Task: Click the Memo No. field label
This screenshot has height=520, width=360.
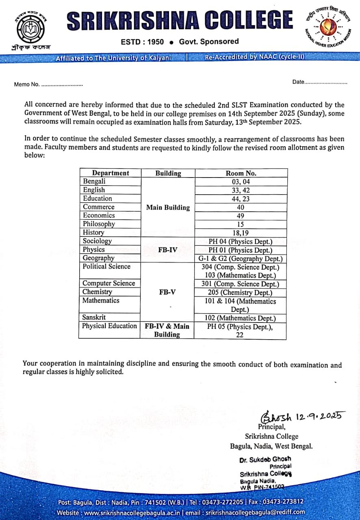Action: (27, 84)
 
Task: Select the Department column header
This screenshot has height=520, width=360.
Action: (110, 173)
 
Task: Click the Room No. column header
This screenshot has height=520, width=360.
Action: (241, 173)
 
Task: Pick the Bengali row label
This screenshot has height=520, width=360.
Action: (94, 182)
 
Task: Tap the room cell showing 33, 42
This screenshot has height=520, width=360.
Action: (241, 190)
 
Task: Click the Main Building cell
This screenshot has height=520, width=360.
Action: (168, 207)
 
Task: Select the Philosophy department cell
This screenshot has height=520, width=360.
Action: (99, 224)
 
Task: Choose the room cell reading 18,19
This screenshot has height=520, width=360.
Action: (241, 232)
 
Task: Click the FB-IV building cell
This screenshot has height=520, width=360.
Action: (167, 249)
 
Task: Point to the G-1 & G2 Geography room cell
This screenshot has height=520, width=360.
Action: (241, 258)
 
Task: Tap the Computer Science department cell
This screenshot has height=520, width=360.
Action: (108, 283)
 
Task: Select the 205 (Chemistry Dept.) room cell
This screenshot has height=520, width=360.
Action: (241, 292)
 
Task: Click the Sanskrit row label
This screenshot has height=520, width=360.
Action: (94, 317)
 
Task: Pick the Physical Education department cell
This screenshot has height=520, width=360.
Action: (109, 326)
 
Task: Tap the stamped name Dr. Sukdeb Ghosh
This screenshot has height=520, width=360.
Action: (265, 459)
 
